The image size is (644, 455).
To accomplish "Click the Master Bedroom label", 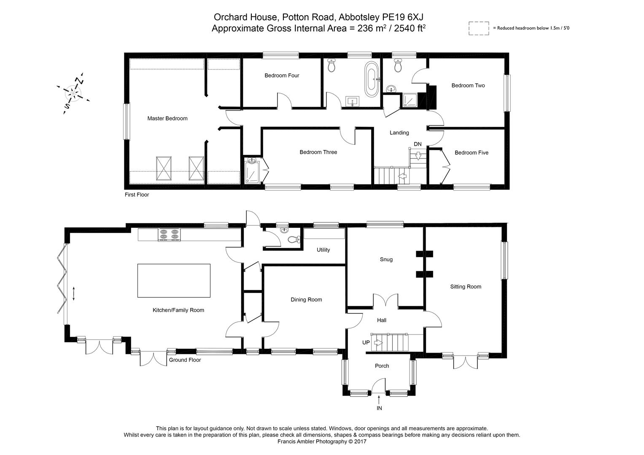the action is click(167, 118).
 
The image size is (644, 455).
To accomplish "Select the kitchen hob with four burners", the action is click(169, 234).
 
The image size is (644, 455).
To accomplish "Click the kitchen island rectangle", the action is click(174, 281).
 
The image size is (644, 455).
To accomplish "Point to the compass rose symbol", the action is click(74, 93).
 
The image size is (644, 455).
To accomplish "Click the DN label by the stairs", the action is click(418, 144).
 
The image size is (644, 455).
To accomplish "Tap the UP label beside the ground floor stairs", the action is click(366, 343).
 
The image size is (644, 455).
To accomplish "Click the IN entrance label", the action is click(379, 408).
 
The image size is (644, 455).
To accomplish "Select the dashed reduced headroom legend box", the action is click(479, 29).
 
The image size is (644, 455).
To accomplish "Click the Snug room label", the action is click(386, 260).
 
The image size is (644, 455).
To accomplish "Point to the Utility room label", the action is click(323, 250).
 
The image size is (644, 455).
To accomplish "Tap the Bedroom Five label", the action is click(472, 153).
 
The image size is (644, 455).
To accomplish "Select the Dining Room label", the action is click(306, 300).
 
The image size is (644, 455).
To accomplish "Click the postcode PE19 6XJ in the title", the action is click(402, 17).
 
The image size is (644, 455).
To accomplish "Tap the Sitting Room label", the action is click(466, 286).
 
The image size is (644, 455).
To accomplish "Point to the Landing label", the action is click(399, 133).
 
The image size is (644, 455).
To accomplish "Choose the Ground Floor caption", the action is click(185, 360).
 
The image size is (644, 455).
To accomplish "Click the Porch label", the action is click(382, 366).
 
